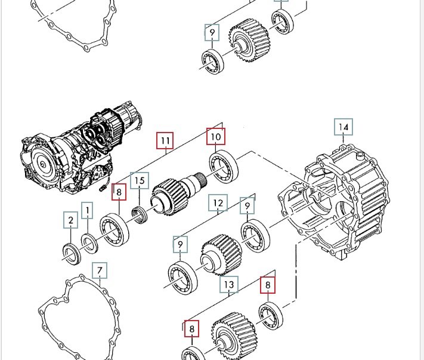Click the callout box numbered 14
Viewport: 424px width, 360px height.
pyautogui.click(x=343, y=127)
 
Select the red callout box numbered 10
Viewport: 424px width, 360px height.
pyautogui.click(x=215, y=137)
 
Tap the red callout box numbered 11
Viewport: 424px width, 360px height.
pyautogui.click(x=165, y=140)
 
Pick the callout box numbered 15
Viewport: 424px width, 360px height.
pyautogui.click(x=140, y=180)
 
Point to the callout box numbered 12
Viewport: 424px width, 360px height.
pyautogui.click(x=218, y=203)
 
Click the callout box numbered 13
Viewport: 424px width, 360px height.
pyautogui.click(x=229, y=285)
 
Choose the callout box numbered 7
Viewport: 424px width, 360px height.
pyautogui.click(x=100, y=270)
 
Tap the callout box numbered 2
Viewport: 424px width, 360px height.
pyautogui.click(x=70, y=220)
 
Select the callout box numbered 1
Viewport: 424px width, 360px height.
pyautogui.click(x=87, y=210)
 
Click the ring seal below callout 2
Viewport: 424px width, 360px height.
pyautogui.click(x=72, y=254)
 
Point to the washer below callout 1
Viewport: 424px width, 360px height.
pyautogui.click(x=89, y=244)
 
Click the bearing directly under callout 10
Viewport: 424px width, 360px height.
pyautogui.click(x=224, y=167)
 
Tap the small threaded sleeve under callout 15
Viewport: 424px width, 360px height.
pyautogui.click(x=140, y=215)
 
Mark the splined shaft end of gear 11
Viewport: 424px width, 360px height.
pyautogui.click(x=201, y=179)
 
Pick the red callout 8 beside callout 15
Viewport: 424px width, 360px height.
pyautogui.click(x=119, y=192)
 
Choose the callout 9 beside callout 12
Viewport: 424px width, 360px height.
pyautogui.click(x=247, y=206)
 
